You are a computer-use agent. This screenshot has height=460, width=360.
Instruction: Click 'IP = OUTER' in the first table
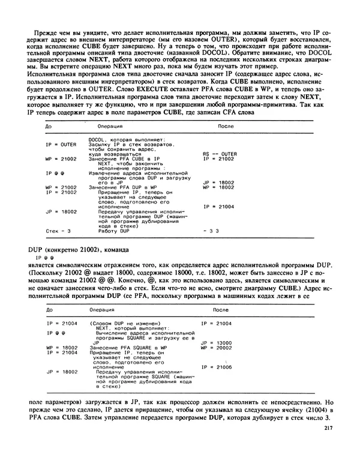[x=60, y=145]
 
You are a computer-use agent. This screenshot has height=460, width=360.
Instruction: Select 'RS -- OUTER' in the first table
[x=220, y=153]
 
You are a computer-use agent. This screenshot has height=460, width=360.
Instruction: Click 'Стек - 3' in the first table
[x=58, y=231]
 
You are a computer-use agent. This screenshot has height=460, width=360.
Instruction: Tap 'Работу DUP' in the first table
[x=105, y=231]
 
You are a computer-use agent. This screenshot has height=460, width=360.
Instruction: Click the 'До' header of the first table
[x=50, y=127]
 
